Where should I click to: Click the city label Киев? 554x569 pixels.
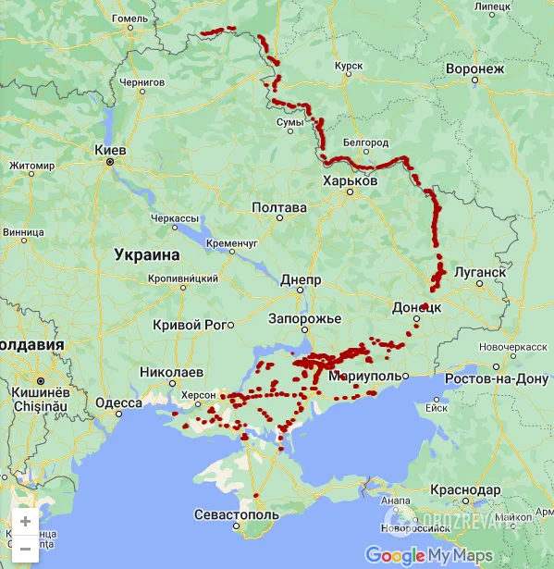tap(110, 149)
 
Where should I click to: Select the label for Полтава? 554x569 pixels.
tap(278, 207)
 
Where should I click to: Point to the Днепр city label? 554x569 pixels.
tap(300, 278)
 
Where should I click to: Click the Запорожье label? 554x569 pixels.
tap(304, 318)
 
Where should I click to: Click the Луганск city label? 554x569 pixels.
tap(480, 273)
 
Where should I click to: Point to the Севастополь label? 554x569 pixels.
tap(236, 513)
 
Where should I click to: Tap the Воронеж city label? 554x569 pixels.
tap(474, 68)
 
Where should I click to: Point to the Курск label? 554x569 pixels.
tap(349, 66)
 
